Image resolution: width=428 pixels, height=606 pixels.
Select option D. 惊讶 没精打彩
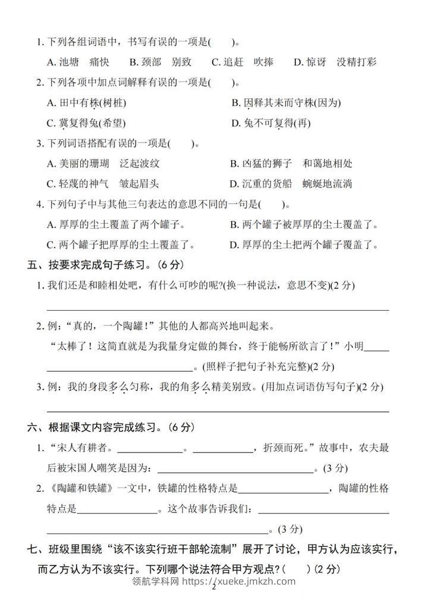(335, 62)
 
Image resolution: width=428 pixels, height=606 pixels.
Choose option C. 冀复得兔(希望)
(87, 123)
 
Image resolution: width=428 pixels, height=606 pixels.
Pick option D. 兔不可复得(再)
(270, 123)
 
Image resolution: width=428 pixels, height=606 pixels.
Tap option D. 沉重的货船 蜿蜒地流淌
(291, 184)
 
